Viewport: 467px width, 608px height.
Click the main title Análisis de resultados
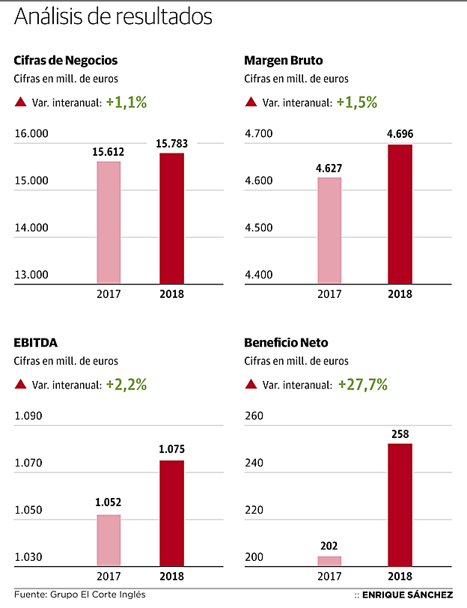click(x=113, y=16)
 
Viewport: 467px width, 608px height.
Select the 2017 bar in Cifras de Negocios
click(x=109, y=222)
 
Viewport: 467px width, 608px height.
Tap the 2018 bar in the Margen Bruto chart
click(x=400, y=214)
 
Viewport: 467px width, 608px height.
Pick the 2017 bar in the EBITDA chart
click(x=109, y=540)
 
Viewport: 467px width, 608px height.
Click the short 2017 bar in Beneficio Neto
click(x=329, y=560)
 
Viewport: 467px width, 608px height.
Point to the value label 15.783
click(x=171, y=142)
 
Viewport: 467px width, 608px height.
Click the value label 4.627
click(x=329, y=168)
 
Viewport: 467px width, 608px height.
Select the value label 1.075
click(x=171, y=450)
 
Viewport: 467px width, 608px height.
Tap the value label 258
click(x=400, y=434)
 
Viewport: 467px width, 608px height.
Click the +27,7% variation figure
click(x=362, y=385)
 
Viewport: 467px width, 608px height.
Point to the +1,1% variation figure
click(x=126, y=103)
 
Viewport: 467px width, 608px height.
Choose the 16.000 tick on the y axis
click(x=31, y=134)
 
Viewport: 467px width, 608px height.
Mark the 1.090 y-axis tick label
click(x=29, y=416)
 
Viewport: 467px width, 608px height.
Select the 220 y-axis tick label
click(x=254, y=511)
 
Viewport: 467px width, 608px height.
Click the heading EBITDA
click(x=35, y=343)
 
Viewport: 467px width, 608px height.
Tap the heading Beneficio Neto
click(x=286, y=343)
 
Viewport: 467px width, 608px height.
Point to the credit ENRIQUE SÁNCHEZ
click(x=407, y=595)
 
